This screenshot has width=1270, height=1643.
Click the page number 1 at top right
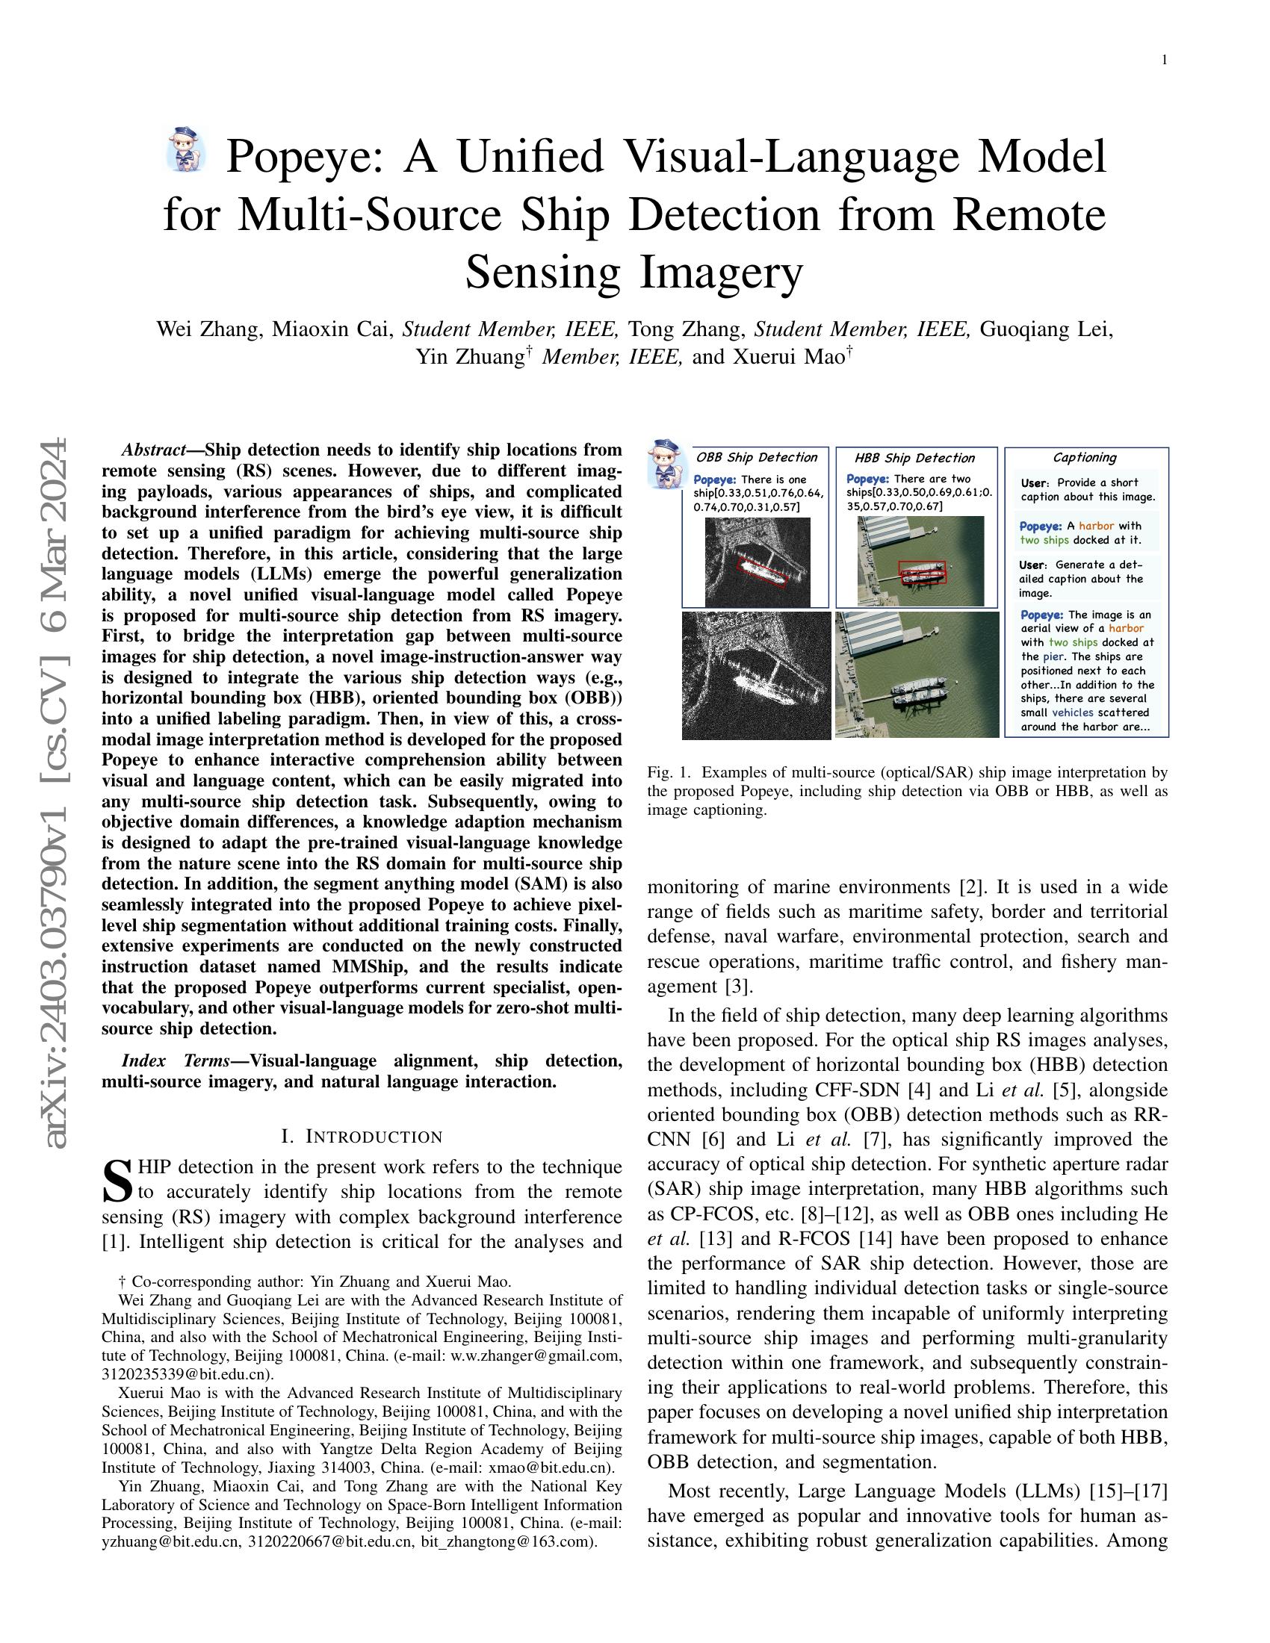pos(1164,60)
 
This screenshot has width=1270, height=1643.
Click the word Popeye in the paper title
pos(308,157)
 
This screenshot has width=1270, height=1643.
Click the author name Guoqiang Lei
pos(1047,329)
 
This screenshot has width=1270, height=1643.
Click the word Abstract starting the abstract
pos(152,450)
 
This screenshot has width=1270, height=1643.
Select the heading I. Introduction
pos(362,1136)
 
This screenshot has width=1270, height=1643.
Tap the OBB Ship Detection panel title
pos(756,457)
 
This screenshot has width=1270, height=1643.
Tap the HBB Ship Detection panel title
pos(914,457)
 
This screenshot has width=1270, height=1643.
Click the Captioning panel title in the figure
pos(1084,457)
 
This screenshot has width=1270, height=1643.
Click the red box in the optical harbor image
pos(923,573)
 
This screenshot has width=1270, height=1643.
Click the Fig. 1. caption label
pos(668,772)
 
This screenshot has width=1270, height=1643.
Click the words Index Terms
pos(175,1060)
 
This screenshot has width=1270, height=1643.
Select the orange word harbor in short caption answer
pos(1096,526)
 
